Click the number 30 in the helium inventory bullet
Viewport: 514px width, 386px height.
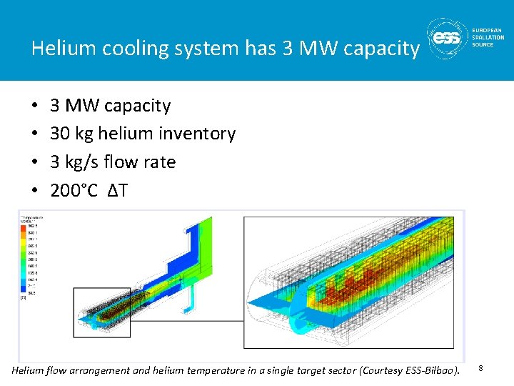point(60,134)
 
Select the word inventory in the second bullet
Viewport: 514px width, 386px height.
point(199,134)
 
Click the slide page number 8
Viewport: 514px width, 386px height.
point(480,367)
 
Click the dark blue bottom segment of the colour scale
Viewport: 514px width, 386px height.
point(24,292)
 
